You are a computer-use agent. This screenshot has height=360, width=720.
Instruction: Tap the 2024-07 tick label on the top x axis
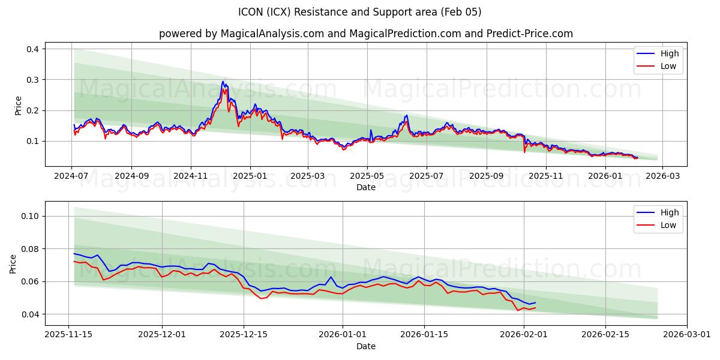click(72, 176)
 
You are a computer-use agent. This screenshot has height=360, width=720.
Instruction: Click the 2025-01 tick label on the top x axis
click(250, 176)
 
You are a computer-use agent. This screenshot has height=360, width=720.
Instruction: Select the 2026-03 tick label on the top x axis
click(663, 176)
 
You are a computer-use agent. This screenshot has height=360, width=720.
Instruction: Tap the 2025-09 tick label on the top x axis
click(486, 176)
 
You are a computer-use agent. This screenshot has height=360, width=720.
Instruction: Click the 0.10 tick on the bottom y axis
click(29, 216)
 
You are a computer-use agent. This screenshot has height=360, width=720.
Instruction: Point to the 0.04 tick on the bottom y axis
click(29, 314)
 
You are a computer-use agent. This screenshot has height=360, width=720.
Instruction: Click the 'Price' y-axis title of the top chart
click(18, 106)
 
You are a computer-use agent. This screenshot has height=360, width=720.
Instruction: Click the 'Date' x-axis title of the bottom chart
click(366, 346)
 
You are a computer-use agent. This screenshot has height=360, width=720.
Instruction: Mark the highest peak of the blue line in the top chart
click(223, 82)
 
